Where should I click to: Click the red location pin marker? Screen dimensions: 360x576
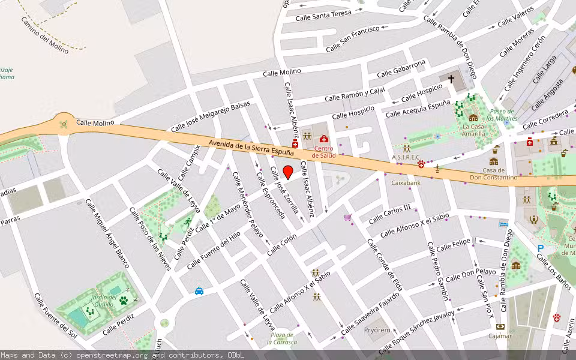point(288,172)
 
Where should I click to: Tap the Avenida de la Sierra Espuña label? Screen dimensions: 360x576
point(251,147)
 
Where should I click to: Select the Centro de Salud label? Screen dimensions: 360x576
point(323,152)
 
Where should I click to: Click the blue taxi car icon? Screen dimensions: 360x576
point(199,292)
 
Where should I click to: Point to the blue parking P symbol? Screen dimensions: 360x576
point(541,247)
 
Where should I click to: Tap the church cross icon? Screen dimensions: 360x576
point(451,79)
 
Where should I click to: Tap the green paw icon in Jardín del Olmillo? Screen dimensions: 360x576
point(124,300)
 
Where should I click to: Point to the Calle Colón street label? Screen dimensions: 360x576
point(282,244)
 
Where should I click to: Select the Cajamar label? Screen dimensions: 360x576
point(500,336)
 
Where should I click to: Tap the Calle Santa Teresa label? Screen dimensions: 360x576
point(323,15)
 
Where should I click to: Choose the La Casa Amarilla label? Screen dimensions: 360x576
point(473,130)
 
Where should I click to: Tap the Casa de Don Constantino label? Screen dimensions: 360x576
point(493,174)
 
